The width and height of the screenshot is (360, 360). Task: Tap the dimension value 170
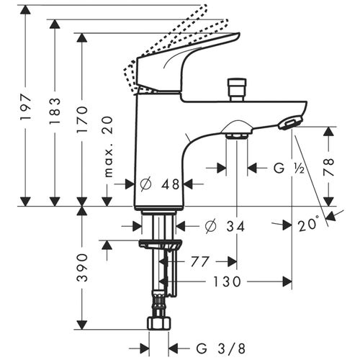(82, 119)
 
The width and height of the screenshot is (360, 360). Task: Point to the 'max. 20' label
(109, 148)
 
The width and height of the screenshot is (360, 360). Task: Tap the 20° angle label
(308, 225)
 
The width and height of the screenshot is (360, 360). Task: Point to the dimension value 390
(82, 267)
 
